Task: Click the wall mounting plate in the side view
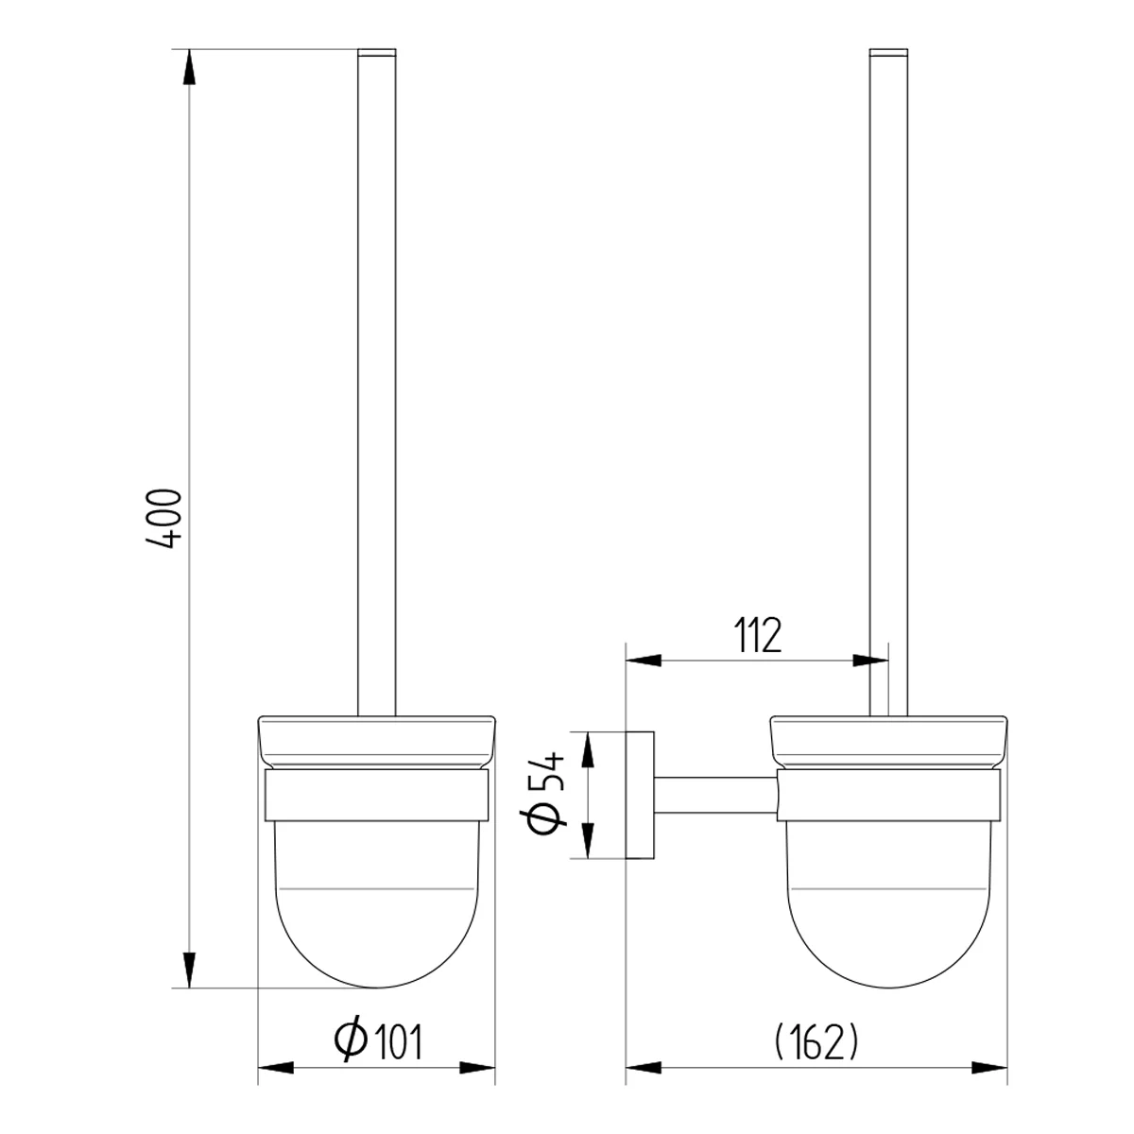(x=641, y=795)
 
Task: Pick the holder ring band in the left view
(x=377, y=796)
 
